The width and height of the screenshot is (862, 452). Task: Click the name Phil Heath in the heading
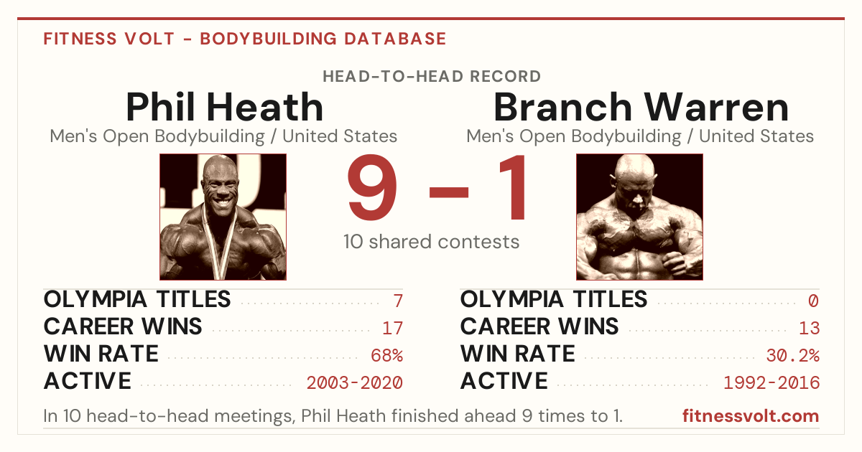coord(224,107)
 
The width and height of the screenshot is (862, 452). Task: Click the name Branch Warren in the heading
coord(641,107)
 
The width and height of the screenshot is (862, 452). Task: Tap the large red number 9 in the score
coord(372,187)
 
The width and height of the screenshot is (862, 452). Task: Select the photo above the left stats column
coord(223,217)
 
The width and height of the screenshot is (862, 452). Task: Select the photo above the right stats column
coord(639,217)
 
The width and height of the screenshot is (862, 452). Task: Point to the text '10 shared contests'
coord(432,242)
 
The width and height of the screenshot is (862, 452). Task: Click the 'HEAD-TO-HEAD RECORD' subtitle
coord(432,76)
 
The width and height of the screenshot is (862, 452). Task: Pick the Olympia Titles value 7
coord(398,301)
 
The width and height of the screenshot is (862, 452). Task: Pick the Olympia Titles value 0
coord(813,301)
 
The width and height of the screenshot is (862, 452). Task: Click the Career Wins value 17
coord(392,328)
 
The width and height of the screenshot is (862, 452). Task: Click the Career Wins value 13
coord(810,328)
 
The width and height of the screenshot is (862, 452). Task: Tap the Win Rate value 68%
coord(386,356)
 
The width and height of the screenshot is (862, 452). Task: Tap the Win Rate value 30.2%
coord(793,356)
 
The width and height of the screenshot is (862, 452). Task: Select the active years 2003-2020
coord(354,383)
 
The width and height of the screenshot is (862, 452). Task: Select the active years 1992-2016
coord(771,383)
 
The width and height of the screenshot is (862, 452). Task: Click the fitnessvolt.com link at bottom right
coord(751,416)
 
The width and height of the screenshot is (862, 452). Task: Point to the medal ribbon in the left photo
coord(220,246)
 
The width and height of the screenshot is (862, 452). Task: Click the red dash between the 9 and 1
coord(449,192)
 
